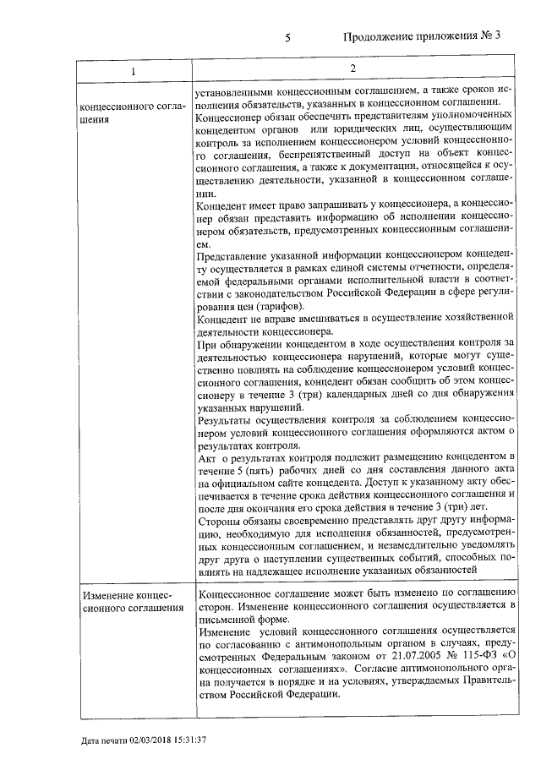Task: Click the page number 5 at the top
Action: [x=288, y=37]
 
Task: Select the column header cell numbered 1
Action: [x=132, y=70]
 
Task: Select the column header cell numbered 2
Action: [x=353, y=68]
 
